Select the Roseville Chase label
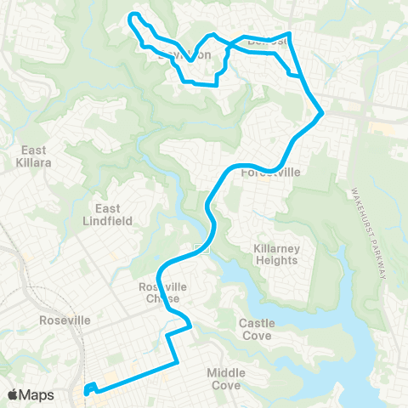click(x=160, y=292)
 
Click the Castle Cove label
click(x=255, y=329)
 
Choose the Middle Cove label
click(x=226, y=379)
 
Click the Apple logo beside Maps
click(x=14, y=394)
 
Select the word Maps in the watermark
click(x=37, y=394)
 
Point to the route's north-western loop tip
click(x=130, y=17)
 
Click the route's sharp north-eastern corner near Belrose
click(x=291, y=34)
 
